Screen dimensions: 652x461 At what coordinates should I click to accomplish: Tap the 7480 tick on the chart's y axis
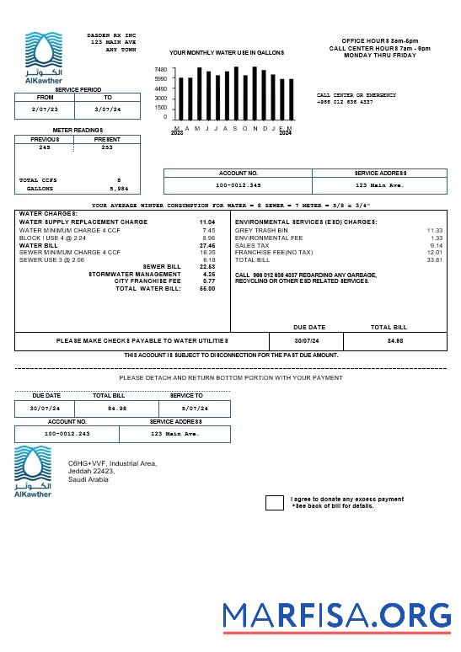pyautogui.click(x=160, y=70)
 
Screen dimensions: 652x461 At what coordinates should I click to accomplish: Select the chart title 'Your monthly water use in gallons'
pyautogui.click(x=227, y=52)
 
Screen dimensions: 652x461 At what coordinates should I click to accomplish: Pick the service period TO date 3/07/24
pyautogui.click(x=107, y=110)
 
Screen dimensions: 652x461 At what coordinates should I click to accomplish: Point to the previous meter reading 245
pyautogui.click(x=45, y=147)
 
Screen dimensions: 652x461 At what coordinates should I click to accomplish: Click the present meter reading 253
pyautogui.click(x=107, y=147)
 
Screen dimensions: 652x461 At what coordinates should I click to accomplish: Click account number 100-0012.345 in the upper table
pyautogui.click(x=239, y=184)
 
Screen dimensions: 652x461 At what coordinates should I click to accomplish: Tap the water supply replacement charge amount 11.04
pyautogui.click(x=206, y=222)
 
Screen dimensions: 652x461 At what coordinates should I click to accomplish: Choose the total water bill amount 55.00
pyautogui.click(x=206, y=289)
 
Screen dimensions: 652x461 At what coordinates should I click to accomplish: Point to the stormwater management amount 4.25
pyautogui.click(x=208, y=274)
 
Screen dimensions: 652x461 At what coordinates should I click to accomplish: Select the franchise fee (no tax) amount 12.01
pyautogui.click(x=434, y=253)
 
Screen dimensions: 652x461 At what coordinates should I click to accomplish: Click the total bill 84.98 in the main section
pyautogui.click(x=394, y=341)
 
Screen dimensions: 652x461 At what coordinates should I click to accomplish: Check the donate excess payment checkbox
pyautogui.click(x=275, y=503)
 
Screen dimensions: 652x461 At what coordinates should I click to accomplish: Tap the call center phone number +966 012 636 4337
pyautogui.click(x=345, y=102)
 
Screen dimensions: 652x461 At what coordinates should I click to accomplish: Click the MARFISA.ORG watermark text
pyautogui.click(x=337, y=616)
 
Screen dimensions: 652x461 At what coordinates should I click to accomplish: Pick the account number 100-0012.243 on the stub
pyautogui.click(x=67, y=434)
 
